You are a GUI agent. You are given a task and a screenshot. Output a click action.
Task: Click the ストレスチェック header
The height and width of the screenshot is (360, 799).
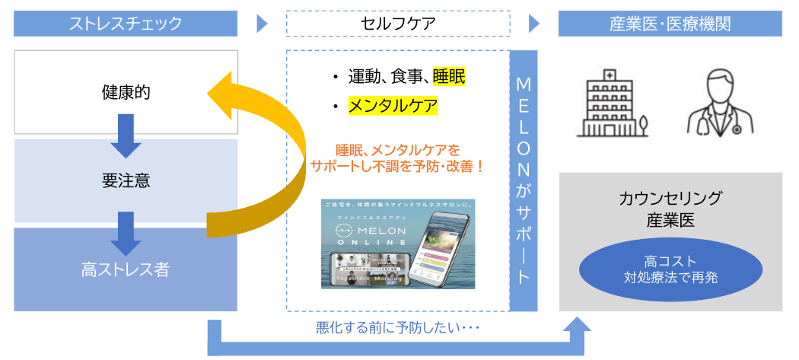[126, 24]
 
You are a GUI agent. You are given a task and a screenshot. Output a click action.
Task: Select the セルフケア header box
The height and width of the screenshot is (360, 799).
[398, 24]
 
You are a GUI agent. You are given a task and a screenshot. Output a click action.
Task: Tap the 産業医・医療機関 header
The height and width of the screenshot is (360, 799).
[670, 24]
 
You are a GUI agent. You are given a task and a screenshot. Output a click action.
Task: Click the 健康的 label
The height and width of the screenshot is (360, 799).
[126, 93]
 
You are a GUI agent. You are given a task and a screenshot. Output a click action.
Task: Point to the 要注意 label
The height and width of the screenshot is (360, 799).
[126, 181]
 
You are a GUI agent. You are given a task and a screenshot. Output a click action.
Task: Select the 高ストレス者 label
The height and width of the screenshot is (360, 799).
[126, 269]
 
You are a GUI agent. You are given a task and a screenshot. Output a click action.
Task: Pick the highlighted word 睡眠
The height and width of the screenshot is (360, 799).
[448, 76]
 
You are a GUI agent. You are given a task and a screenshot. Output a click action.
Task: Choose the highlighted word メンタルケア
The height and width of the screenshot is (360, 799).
[393, 105]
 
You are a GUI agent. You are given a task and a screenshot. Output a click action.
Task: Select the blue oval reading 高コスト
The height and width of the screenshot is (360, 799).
[670, 269]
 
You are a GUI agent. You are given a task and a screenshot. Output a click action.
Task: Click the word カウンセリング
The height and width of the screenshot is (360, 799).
[670, 199]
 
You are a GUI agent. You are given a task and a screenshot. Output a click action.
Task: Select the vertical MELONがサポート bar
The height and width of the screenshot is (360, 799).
[523, 180]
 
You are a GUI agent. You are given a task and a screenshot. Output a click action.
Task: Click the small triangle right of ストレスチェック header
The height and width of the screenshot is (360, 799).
[263, 24]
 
